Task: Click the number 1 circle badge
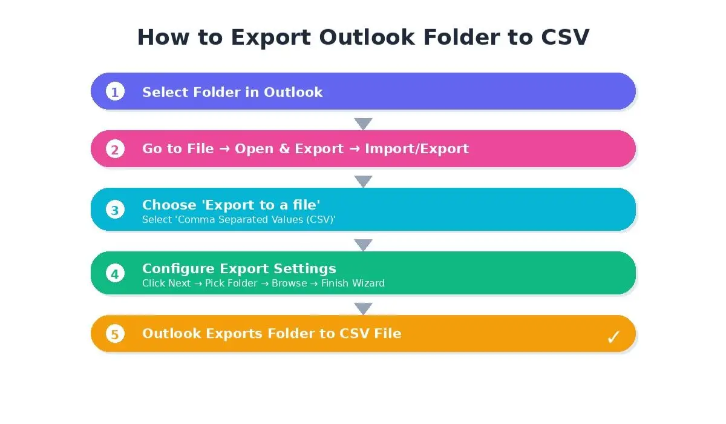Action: coord(115,91)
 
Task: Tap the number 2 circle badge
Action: coord(115,149)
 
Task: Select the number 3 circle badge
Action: coord(115,210)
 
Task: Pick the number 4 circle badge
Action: coord(115,273)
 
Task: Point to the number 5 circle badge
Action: coord(115,334)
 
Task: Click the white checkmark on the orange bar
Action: coord(613,337)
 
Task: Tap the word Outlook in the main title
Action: coord(367,38)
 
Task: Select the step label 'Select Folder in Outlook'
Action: coord(232,92)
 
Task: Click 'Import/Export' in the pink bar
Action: coord(416,149)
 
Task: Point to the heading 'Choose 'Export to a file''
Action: coord(231,205)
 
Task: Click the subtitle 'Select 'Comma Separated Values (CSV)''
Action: coord(238,220)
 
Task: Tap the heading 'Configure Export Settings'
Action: coord(239,268)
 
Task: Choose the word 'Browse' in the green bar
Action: coord(289,283)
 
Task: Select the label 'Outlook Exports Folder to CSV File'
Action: coord(272,334)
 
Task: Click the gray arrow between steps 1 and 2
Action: coord(363,124)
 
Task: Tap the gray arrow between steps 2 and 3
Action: coord(363,181)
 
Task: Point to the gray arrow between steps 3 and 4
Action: coord(363,245)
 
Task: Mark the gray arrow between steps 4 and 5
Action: coord(363,308)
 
